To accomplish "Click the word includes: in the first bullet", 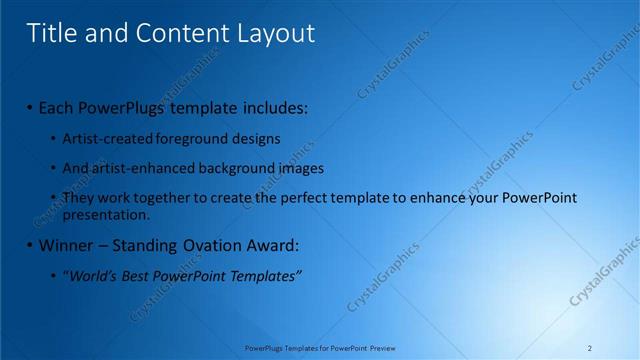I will (x=271, y=107).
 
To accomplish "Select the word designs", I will (x=255, y=138).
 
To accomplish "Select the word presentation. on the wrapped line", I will (x=106, y=214).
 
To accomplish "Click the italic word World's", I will (x=90, y=275).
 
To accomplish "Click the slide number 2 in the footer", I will (x=590, y=348).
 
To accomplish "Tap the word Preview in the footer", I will (x=383, y=348).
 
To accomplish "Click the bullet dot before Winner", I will (x=30, y=245).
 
